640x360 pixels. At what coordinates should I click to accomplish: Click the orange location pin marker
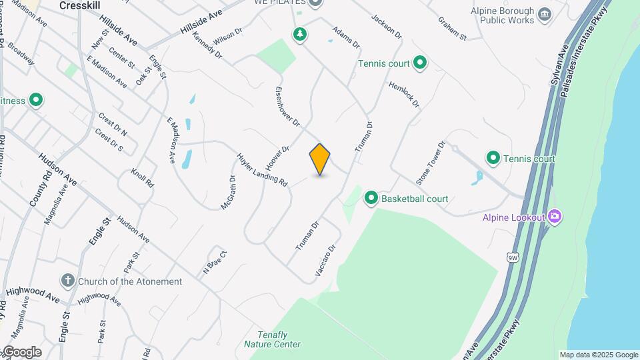pyautogui.click(x=320, y=159)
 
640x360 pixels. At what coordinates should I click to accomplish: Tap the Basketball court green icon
pyautogui.click(x=371, y=198)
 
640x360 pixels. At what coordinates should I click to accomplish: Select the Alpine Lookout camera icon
pyautogui.click(x=555, y=216)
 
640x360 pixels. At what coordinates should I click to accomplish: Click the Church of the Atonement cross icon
pyautogui.click(x=67, y=281)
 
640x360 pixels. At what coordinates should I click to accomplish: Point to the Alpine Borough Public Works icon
pyautogui.click(x=545, y=15)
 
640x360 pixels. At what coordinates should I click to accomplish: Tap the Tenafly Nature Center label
pyautogui.click(x=271, y=339)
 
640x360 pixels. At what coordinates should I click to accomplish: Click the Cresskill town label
pyautogui.click(x=79, y=5)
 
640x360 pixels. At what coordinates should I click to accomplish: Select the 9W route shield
pyautogui.click(x=513, y=257)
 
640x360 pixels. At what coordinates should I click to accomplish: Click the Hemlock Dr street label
pyautogui.click(x=404, y=95)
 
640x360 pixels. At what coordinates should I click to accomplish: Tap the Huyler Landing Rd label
pyautogui.click(x=262, y=170)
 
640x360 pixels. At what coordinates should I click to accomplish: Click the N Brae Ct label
pyautogui.click(x=215, y=262)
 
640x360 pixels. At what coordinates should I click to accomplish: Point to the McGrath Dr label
pyautogui.click(x=229, y=192)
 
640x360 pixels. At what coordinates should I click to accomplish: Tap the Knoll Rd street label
pyautogui.click(x=143, y=177)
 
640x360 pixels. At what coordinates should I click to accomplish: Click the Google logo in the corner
pyautogui.click(x=22, y=352)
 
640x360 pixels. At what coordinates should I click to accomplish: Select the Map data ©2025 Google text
pyautogui.click(x=599, y=355)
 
